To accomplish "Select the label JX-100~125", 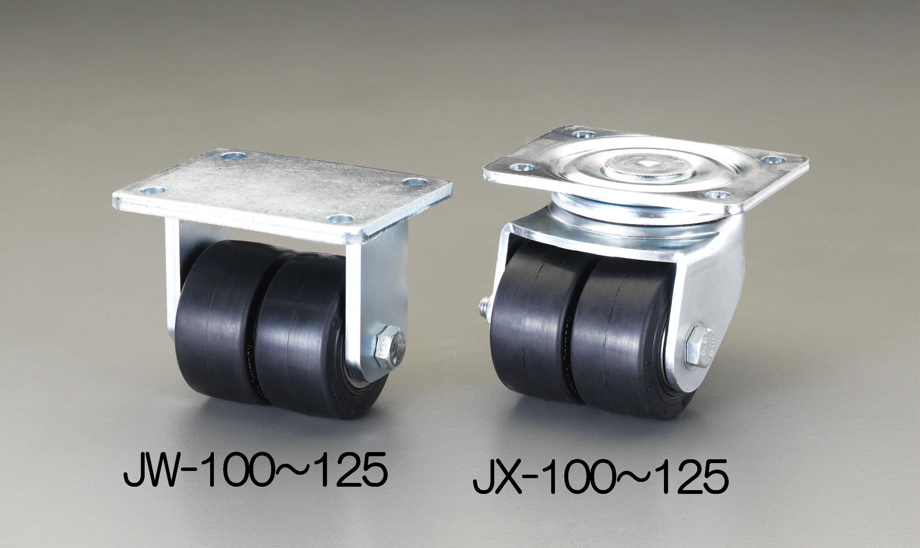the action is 601,476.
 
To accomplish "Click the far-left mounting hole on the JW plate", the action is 153,190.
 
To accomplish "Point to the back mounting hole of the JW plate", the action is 233,155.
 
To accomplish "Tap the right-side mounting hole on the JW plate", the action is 415,182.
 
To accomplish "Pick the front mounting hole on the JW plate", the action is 340,219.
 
